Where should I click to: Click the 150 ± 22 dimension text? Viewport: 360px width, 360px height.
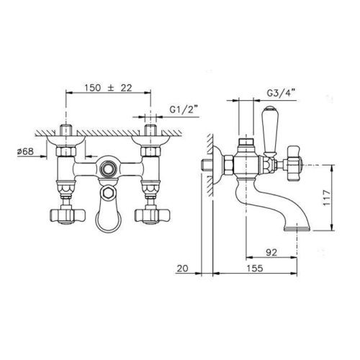(108, 88)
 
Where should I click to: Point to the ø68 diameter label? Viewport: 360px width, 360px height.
(26, 151)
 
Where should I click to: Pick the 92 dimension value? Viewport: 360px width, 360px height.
(271, 252)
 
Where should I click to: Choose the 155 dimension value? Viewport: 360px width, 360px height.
(255, 268)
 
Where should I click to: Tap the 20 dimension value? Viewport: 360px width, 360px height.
(182, 268)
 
